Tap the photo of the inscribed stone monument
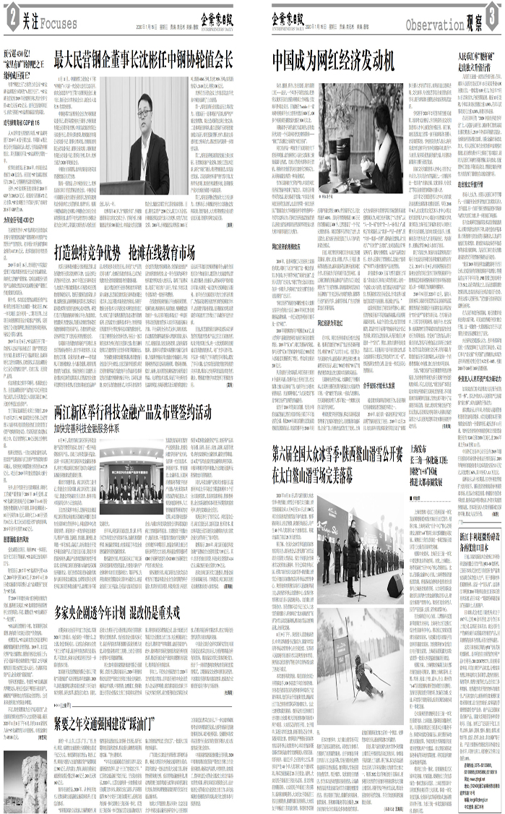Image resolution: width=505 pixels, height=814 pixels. pos(30,780)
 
